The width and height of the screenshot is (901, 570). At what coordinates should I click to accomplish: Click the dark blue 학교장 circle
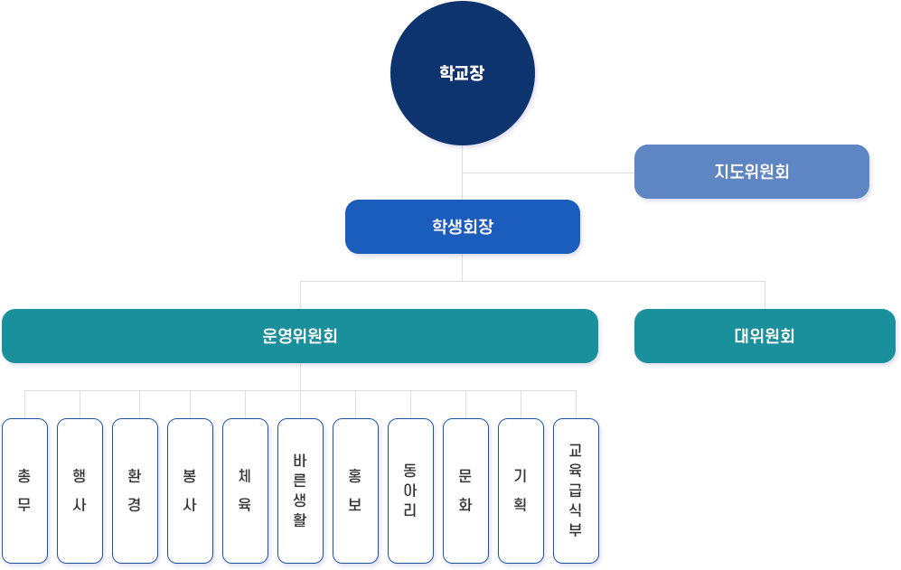coord(462,73)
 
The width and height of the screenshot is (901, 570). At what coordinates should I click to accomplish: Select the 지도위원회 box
coord(751,172)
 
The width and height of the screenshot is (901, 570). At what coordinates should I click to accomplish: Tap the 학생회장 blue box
coord(462,227)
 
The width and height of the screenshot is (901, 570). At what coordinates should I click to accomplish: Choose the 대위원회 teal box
coord(765,336)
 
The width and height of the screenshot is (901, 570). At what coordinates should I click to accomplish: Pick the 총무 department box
coord(24,491)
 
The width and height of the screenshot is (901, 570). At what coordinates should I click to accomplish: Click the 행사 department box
coord(80,491)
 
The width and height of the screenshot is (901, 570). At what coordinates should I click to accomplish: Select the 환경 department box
coord(135,491)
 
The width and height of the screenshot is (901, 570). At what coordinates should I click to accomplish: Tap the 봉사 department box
coord(190,491)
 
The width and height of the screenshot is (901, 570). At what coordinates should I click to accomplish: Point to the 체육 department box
coord(245,491)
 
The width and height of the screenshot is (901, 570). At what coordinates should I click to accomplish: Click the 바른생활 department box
coord(300,491)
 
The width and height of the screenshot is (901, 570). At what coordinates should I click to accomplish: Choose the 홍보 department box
coord(355,491)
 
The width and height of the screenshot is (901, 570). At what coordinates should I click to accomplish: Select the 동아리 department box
coord(410,491)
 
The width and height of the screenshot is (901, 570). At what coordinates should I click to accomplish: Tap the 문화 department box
coord(465,491)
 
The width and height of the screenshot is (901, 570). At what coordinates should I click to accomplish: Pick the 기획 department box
coord(521,491)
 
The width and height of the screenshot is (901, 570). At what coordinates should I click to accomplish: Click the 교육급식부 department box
coord(576,491)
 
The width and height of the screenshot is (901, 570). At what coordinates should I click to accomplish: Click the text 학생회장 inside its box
coord(462,227)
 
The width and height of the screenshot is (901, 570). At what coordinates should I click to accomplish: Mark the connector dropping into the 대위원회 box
coord(765,295)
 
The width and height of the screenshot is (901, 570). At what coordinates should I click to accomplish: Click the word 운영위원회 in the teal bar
coord(300,336)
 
